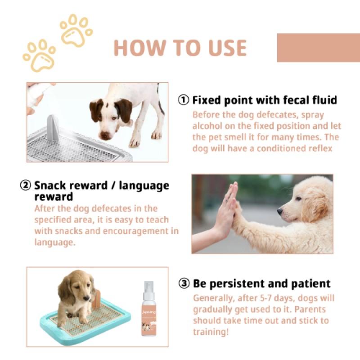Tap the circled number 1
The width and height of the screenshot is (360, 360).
[184, 100]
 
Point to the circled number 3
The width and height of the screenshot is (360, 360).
[184, 283]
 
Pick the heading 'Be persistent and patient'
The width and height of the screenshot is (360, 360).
[262, 283]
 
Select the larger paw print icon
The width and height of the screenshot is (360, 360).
[39, 55]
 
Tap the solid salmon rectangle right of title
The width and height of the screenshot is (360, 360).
[318, 47]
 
